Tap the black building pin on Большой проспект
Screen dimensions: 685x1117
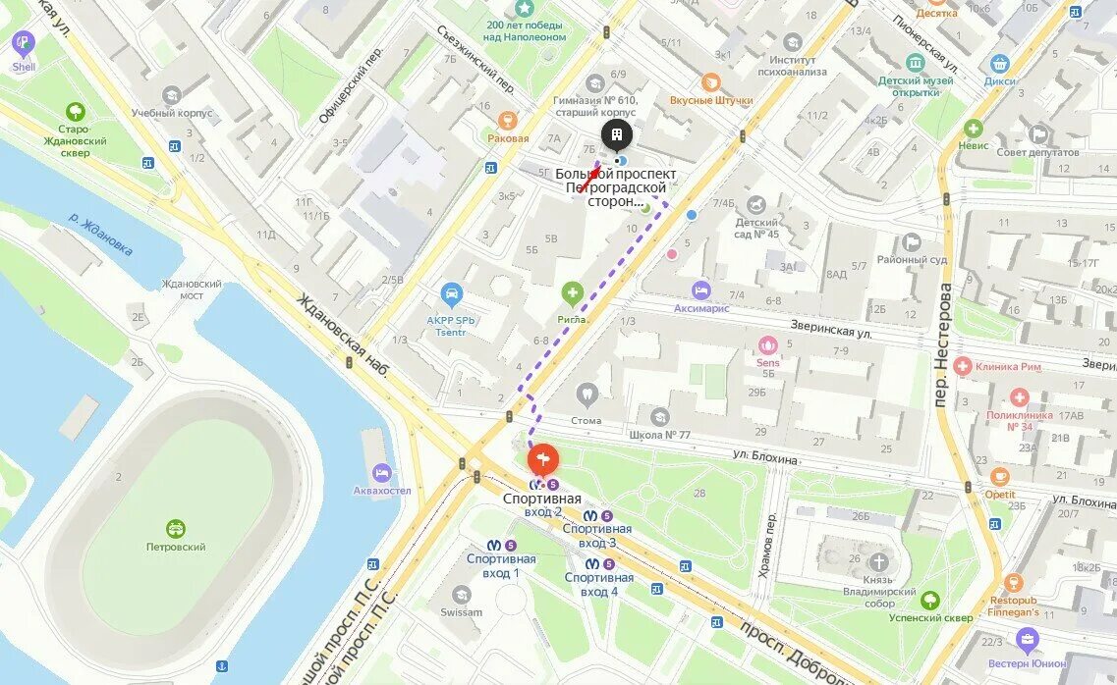coord(616,135)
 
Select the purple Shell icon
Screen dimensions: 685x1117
coord(23,43)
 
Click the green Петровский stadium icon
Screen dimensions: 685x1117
coord(176,529)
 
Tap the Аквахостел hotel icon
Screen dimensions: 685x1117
coord(381,472)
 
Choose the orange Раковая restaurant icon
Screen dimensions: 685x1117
coord(507,121)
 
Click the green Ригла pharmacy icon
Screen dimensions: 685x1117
coord(572,292)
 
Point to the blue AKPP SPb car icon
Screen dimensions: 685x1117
coord(451,293)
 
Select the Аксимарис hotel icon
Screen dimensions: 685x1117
coord(700,290)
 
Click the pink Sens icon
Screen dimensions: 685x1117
coord(767,345)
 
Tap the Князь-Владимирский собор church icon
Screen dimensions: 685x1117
coord(878,562)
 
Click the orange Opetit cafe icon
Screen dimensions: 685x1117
coord(1000,478)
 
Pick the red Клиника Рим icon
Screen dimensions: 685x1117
coord(963,366)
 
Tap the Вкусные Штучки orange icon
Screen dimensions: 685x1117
coord(710,83)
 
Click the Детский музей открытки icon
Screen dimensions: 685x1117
coord(916,62)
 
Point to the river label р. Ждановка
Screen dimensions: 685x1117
coord(101,235)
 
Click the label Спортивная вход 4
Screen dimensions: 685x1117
coord(598,585)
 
